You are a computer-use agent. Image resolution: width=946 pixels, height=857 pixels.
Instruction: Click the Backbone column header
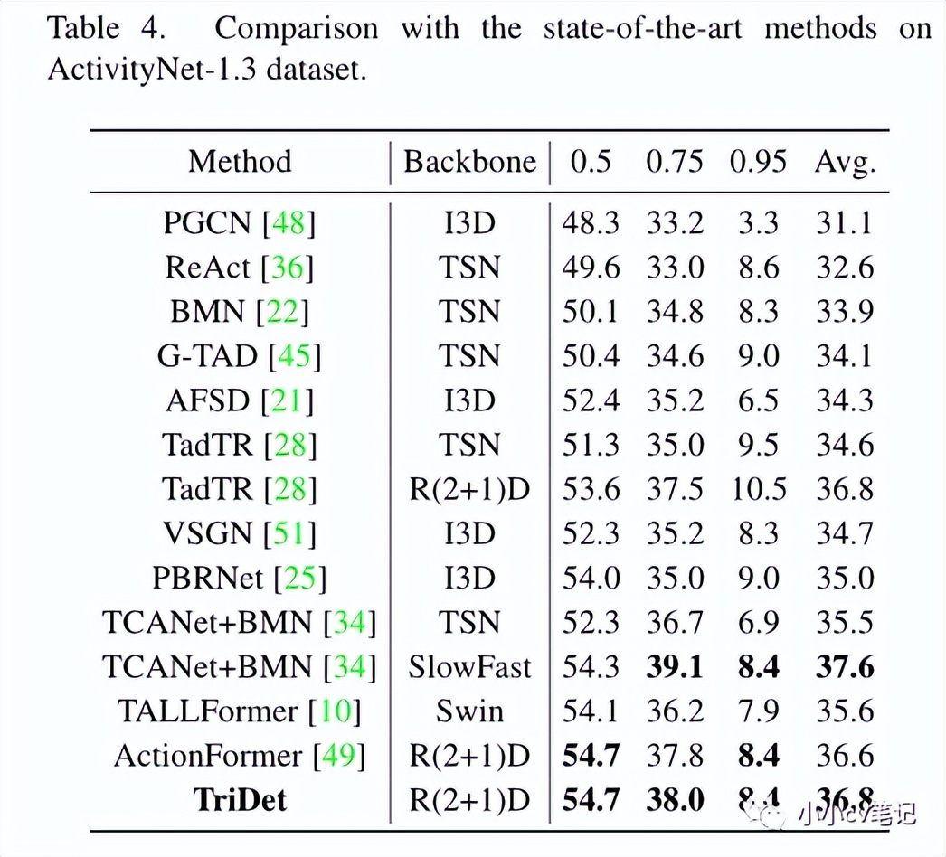pos(469,162)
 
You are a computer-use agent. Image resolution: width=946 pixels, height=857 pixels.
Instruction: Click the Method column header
pos(240,162)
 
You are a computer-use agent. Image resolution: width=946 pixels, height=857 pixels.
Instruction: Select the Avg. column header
pos(846,162)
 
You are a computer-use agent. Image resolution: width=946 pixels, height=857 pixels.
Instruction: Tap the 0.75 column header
pos(674,162)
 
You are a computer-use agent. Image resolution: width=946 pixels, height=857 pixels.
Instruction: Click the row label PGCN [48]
pos(240,222)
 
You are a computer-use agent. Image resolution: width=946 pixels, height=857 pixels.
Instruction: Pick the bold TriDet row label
pos(240,800)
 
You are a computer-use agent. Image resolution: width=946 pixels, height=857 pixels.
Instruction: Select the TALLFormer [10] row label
pos(240,711)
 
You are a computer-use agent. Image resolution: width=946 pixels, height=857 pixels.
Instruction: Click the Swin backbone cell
pos(469,711)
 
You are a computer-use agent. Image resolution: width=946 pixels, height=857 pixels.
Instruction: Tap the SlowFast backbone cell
pos(469,667)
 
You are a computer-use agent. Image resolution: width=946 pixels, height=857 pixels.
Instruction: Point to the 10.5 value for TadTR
pos(758,489)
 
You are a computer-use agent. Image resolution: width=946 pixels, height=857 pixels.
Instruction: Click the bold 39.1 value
pos(674,667)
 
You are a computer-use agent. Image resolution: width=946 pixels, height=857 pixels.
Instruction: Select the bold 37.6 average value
pos(846,667)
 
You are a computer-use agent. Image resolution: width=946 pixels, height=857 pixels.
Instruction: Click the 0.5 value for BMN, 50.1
pos(591,311)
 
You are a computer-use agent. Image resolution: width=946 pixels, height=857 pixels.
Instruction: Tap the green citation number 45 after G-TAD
pos(295,356)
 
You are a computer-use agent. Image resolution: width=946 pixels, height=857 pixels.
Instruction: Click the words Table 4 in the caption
pos(107,28)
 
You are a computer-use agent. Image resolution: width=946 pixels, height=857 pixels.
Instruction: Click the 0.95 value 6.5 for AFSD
pos(758,400)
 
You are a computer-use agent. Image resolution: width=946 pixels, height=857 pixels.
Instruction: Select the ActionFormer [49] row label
pos(240,756)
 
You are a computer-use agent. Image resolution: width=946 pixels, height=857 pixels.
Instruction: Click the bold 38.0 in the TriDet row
pos(674,800)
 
